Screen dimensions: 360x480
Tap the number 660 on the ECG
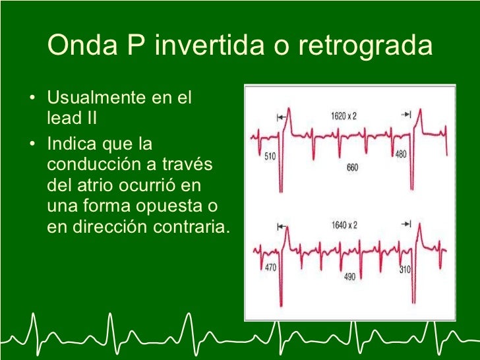tap(352, 169)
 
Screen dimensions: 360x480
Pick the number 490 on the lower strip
tap(350, 278)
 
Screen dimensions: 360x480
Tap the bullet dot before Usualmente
tap(33, 100)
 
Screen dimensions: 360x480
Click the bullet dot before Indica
tap(33, 143)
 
